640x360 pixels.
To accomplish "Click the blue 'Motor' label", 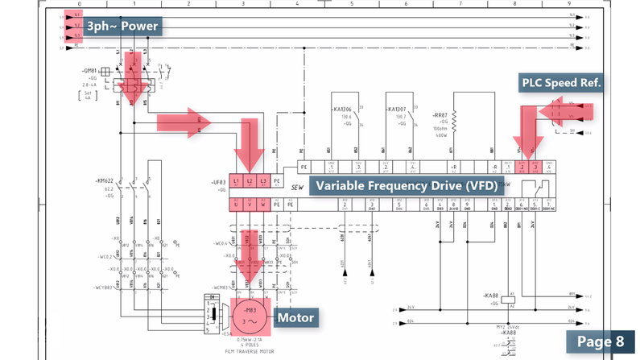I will point(295,318).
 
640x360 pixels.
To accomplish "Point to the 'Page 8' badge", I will point(601,341).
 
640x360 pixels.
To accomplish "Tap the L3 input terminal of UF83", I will point(262,181).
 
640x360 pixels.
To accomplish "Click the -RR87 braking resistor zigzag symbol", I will point(455,121).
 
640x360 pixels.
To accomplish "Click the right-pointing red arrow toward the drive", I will point(184,122).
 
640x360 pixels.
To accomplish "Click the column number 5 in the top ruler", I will point(352,4).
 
